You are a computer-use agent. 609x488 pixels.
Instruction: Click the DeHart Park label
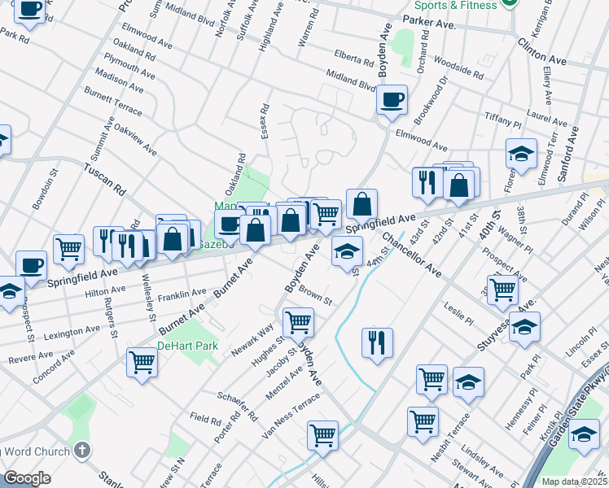pyautogui.click(x=188, y=346)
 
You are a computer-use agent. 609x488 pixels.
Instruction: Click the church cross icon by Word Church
pyautogui.click(x=81, y=450)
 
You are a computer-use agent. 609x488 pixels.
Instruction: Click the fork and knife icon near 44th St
pyautogui.click(x=378, y=342)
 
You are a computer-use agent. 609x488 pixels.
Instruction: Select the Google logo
pyautogui.click(x=27, y=478)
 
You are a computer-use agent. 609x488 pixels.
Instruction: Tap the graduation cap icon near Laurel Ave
pyautogui.click(x=521, y=155)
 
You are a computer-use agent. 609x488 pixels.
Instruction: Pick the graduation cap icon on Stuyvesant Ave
pyautogui.click(x=525, y=326)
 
